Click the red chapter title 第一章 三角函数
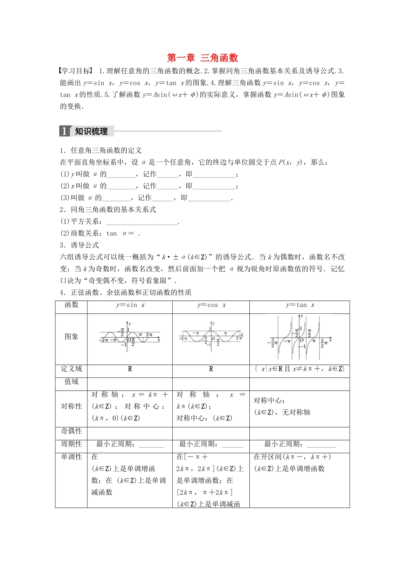[x=202, y=58]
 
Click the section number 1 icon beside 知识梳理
[x=64, y=131]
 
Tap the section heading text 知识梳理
[x=91, y=131]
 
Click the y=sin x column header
[x=130, y=305]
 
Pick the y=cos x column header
[x=211, y=305]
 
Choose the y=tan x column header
[x=300, y=305]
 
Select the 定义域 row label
[x=71, y=369]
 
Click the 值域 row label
[x=71, y=382]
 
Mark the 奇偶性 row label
[x=71, y=431]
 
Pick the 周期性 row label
[x=71, y=444]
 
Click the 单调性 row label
[x=71, y=457]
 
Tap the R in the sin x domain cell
[x=130, y=369]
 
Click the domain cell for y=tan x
[x=299, y=369]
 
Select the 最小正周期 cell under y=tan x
[x=299, y=444]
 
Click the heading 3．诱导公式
[x=79, y=245]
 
